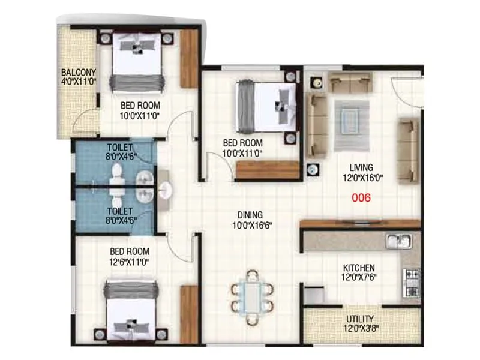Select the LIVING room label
(362, 167)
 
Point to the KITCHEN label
(359, 268)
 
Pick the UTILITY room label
(360, 319)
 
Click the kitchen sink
(398, 241)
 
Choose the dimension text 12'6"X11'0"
(129, 262)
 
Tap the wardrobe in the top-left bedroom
(189, 59)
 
